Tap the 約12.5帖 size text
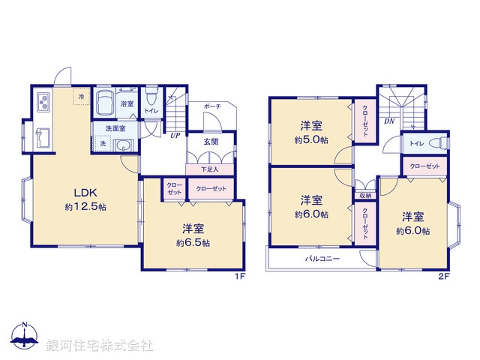[84, 206]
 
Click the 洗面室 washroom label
[115, 128]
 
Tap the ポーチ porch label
[211, 107]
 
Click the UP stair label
[174, 136]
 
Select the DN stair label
[389, 120]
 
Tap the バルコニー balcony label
[322, 259]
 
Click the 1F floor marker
[240, 277]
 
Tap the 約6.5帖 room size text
[193, 243]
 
